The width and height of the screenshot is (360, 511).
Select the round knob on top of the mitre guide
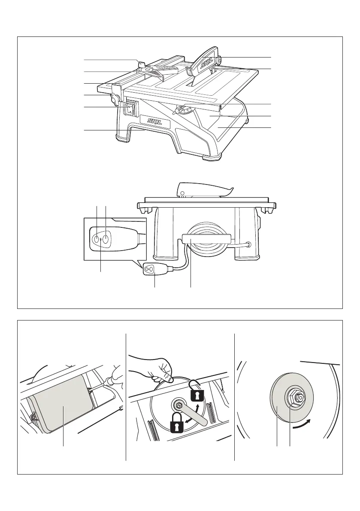point(141,64)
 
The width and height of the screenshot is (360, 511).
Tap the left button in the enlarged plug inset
point(97,239)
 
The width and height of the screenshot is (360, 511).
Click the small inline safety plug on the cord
point(150,269)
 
